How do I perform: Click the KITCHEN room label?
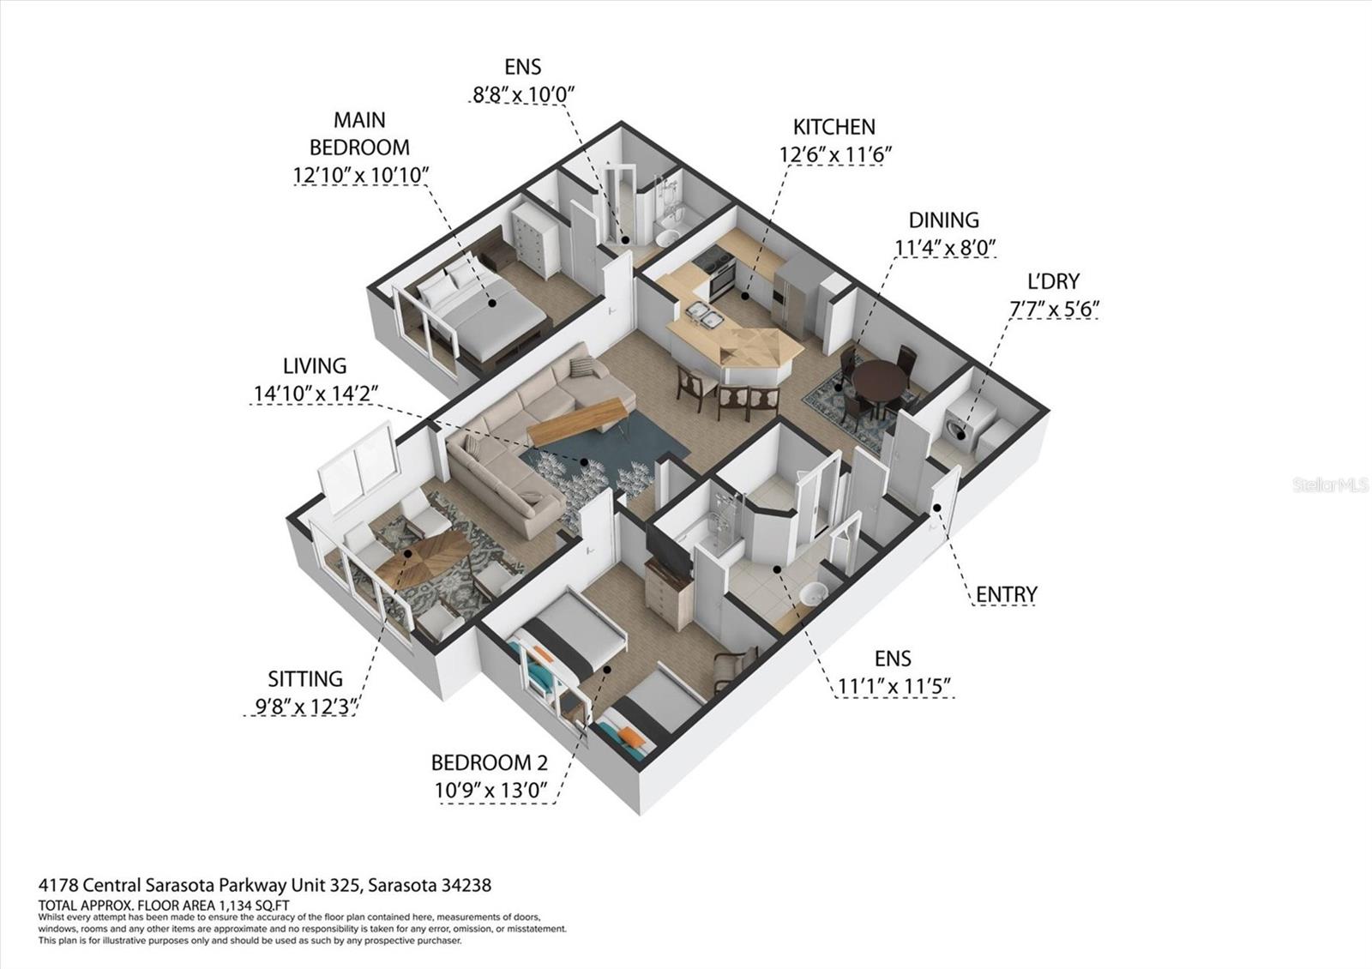coord(833,127)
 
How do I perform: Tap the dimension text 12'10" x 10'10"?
coord(360,175)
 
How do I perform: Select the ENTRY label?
coord(1006,594)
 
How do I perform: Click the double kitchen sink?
coord(708,316)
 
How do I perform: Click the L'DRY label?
coord(1053,281)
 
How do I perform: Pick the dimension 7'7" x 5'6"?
coord(1053,309)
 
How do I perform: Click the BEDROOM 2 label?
coord(489,762)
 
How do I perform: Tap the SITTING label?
coord(305,679)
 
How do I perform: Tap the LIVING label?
coord(315,366)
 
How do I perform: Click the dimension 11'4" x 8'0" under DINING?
coord(946,248)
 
